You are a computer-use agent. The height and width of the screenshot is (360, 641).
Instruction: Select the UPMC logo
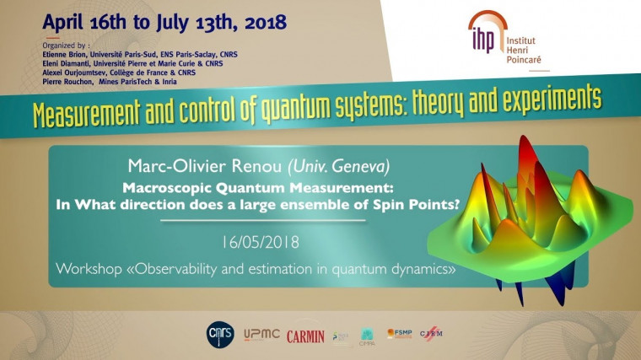262,336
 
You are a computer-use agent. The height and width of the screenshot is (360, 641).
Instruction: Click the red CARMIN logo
305,336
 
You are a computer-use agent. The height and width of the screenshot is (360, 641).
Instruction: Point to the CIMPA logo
368,336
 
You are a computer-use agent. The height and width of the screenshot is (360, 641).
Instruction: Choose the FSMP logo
399,334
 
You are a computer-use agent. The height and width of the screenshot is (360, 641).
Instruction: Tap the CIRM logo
430,335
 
